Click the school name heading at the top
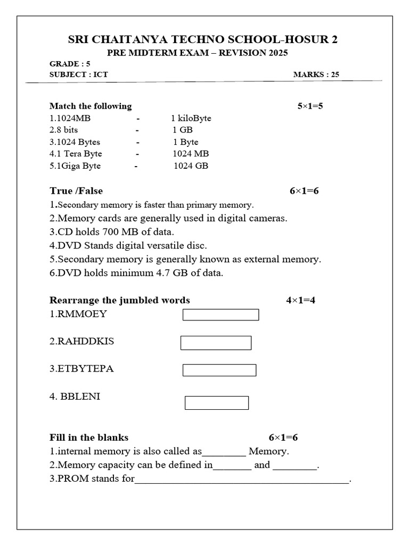click(x=203, y=39)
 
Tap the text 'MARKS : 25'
click(x=316, y=75)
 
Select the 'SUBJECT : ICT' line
click(x=78, y=75)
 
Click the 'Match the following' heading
click(x=91, y=106)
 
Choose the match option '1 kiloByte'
click(x=191, y=118)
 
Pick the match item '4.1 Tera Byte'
click(x=76, y=154)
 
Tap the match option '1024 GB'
click(x=191, y=166)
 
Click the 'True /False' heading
click(x=76, y=191)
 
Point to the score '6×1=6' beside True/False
click(x=304, y=191)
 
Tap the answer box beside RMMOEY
click(x=220, y=315)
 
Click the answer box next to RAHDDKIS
click(x=216, y=343)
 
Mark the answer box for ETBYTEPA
click(x=219, y=370)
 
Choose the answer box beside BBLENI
click(x=217, y=403)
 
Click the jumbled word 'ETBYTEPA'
click(x=81, y=369)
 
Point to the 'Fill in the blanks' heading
click(x=89, y=437)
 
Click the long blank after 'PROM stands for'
click(x=242, y=480)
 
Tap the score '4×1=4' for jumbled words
click(x=301, y=300)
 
